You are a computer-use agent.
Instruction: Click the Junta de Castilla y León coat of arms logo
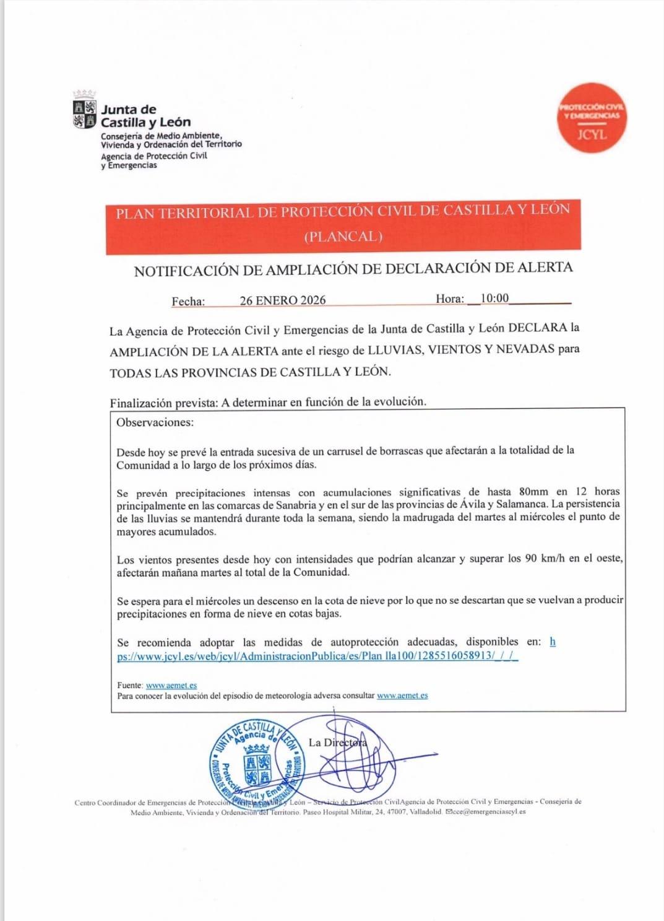pos(85,113)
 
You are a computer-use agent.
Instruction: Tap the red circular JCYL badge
pos(592,118)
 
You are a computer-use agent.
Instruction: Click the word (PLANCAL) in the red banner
pos(343,237)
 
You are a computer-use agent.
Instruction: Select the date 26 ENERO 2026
pos(283,300)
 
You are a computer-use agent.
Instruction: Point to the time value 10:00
pos(494,299)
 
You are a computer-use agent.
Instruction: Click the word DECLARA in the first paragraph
pos(537,328)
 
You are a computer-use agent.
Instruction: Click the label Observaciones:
pos(155,422)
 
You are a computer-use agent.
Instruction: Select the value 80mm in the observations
pos(533,492)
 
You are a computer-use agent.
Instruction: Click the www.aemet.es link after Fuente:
pos(171,686)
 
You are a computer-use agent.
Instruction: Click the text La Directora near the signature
pos(337,742)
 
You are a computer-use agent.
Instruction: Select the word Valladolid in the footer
pos(425,812)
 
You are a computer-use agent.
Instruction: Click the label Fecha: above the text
pos(188,302)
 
